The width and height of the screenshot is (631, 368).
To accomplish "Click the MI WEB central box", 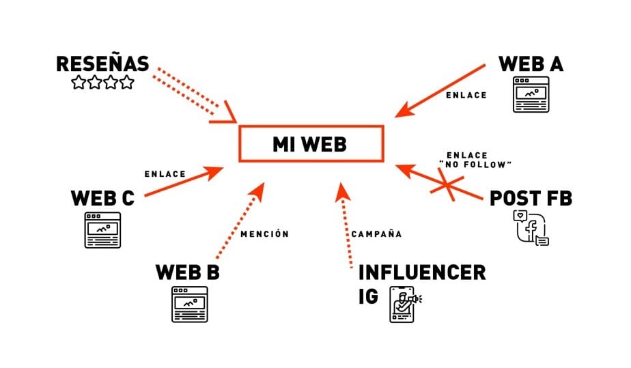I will (309, 143).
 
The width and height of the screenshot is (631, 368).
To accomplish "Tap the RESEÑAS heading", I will (102, 64).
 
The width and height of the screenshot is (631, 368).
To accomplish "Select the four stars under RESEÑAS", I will (102, 83).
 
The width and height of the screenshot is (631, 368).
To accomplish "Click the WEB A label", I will (531, 63).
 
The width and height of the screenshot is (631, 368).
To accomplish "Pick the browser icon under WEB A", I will (531, 96).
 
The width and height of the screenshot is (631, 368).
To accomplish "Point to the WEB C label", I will (102, 199).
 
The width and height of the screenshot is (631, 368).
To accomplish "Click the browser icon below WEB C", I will (102, 230).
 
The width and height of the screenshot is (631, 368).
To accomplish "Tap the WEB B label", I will (188, 272).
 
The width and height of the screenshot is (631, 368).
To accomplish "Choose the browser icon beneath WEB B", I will (188, 304).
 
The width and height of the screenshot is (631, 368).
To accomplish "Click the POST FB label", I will (531, 199).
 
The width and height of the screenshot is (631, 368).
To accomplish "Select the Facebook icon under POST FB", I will (531, 228).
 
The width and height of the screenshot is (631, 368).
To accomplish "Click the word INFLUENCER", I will (421, 273).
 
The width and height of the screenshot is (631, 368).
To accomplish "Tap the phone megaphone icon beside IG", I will (405, 304).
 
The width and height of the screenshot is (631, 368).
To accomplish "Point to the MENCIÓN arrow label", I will (265, 234).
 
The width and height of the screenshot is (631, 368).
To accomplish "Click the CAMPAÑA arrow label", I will (376, 234).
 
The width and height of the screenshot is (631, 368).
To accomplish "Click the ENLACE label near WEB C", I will (165, 174).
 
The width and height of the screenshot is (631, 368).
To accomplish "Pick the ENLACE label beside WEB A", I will (466, 96).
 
